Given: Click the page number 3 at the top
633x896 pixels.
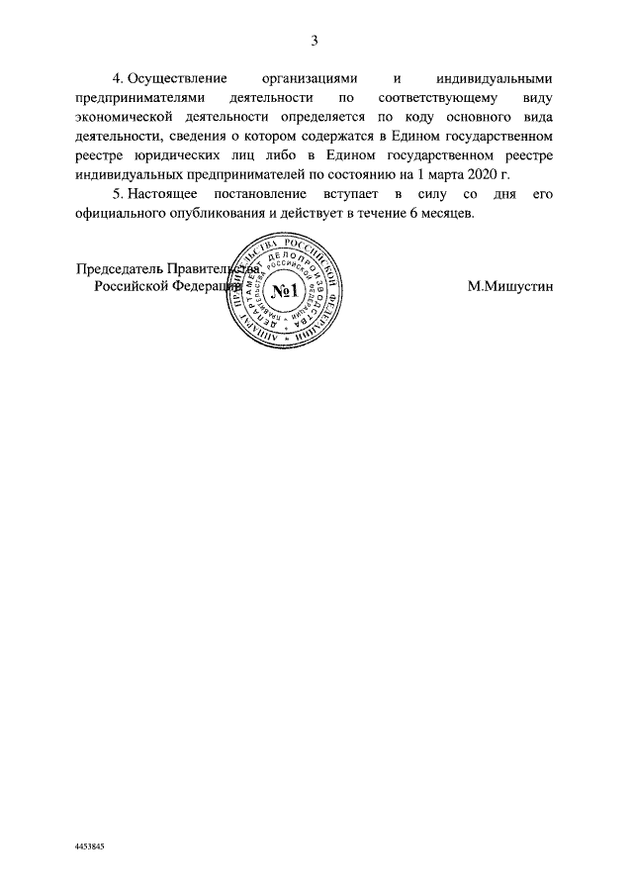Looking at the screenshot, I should click(315, 41).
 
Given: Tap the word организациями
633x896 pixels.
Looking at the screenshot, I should click(309, 78).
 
